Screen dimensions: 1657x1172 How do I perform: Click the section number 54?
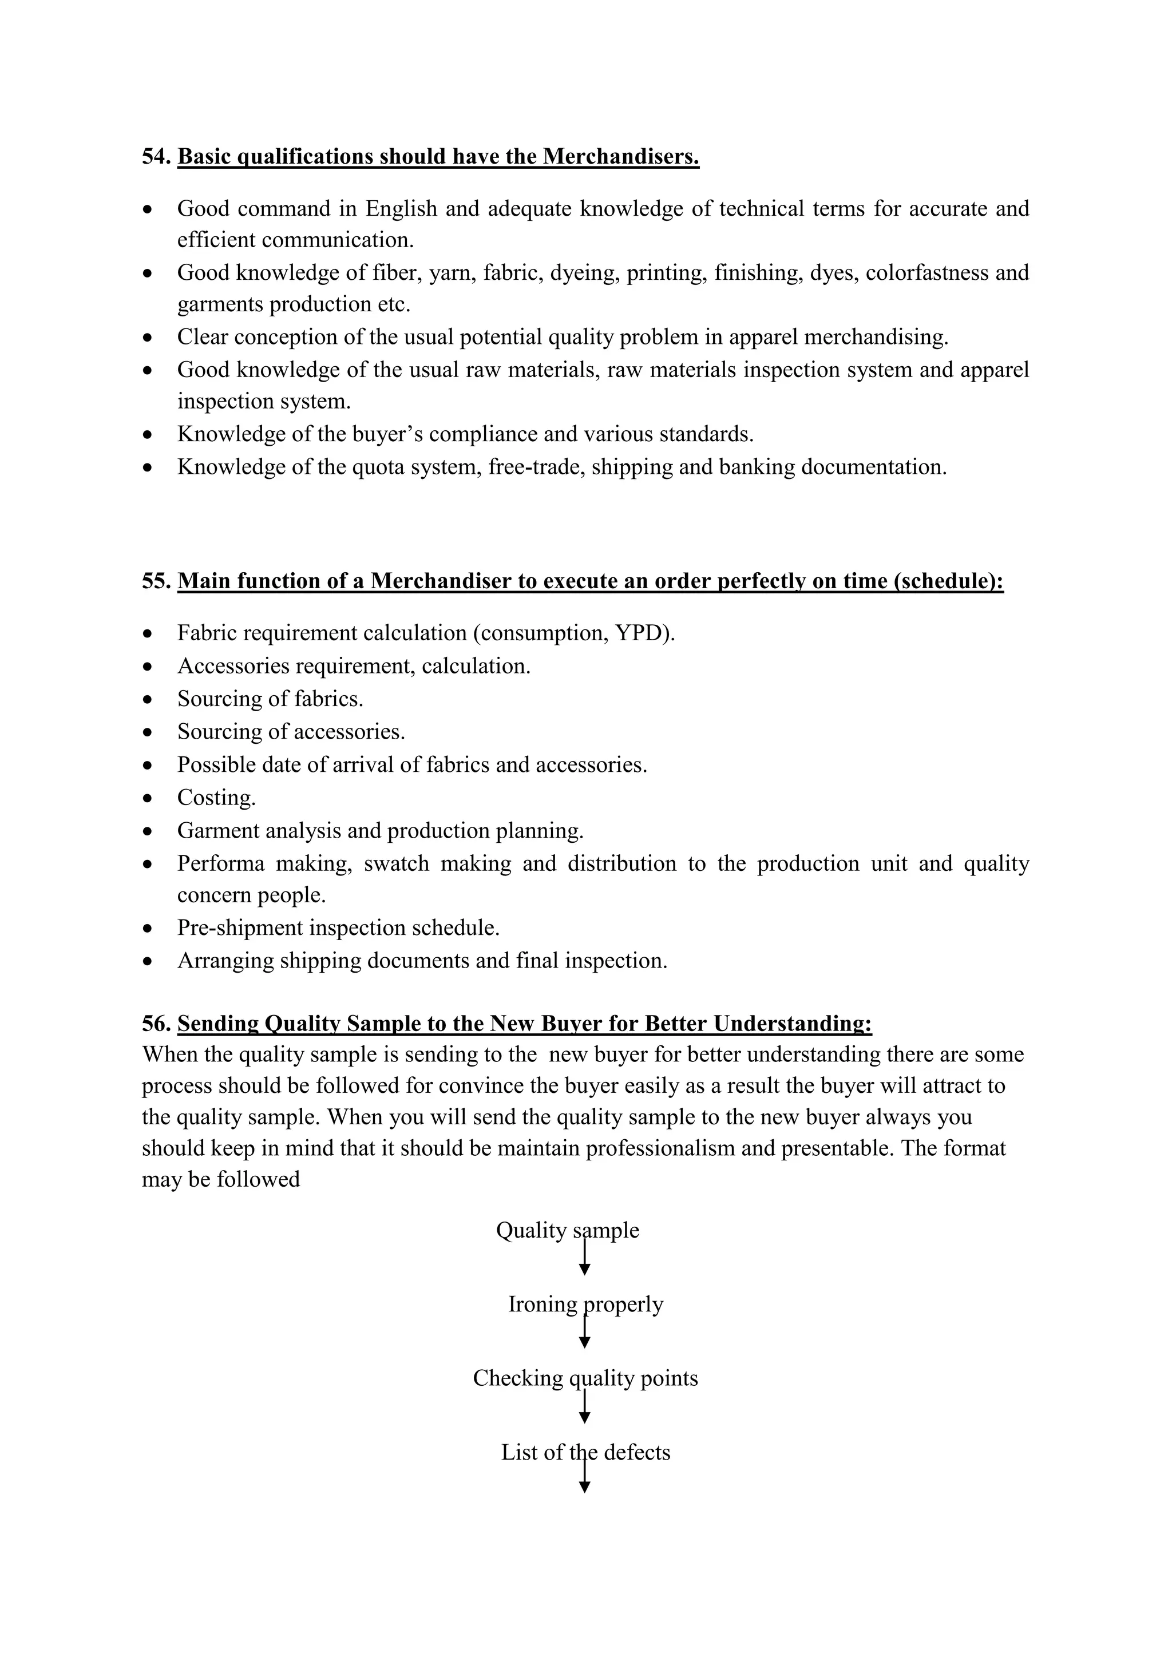tap(156, 157)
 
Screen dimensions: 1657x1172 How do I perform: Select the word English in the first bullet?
tap(401, 209)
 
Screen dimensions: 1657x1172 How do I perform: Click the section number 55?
tap(156, 581)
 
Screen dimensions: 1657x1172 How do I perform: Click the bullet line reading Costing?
tap(216, 798)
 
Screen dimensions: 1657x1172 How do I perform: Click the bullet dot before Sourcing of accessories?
tap(148, 732)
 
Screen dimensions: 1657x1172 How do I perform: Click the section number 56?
tap(156, 1024)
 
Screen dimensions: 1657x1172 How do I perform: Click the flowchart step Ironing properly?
tap(585, 1304)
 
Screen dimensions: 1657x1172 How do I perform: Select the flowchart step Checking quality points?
tap(585, 1378)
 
